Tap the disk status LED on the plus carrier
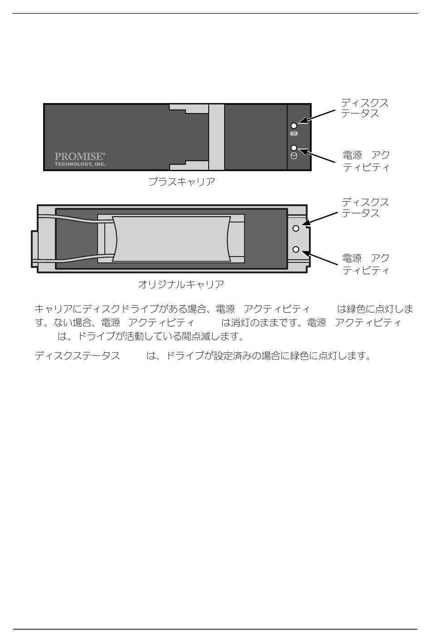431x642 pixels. pyautogui.click(x=294, y=125)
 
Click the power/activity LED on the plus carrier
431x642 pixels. pyautogui.click(x=294, y=148)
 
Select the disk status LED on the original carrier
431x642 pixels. pyautogui.click(x=296, y=228)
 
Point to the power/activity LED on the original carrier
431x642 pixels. pyautogui.click(x=296, y=250)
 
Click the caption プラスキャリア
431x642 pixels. pyautogui.click(x=181, y=182)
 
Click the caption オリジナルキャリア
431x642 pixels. pyautogui.click(x=181, y=284)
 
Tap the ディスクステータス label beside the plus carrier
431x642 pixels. pyautogui.click(x=365, y=108)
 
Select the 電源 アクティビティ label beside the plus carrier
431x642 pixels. pyautogui.click(x=366, y=161)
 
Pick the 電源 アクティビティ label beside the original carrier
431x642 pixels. pyautogui.click(x=366, y=264)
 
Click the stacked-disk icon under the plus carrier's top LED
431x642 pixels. pyautogui.click(x=294, y=133)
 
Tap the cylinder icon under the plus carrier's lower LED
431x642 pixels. pyautogui.click(x=294, y=156)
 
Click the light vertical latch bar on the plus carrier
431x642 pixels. pyautogui.click(x=216, y=137)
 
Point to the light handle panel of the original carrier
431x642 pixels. pyautogui.click(x=171, y=239)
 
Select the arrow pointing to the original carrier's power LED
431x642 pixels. pyautogui.click(x=319, y=257)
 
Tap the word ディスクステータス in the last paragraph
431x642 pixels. pyautogui.click(x=77, y=356)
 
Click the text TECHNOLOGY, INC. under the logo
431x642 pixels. pyautogui.click(x=80, y=164)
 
